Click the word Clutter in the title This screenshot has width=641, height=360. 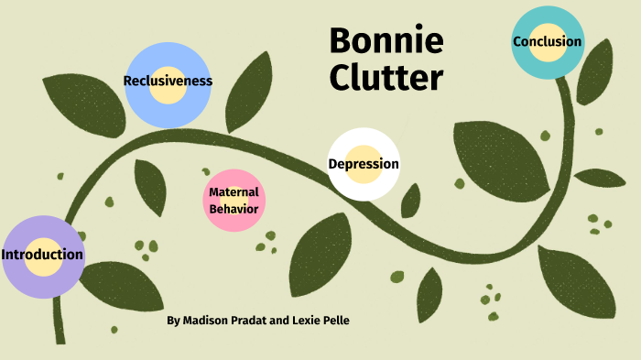pos(386,79)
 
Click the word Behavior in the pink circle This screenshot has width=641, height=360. pos(234,209)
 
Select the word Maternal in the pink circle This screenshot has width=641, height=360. pos(234,192)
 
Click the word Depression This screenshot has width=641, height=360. pos(364,165)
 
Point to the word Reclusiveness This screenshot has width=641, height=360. pos(168,82)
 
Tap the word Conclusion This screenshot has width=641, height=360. pos(547,41)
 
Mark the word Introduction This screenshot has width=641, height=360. pos(42,255)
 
